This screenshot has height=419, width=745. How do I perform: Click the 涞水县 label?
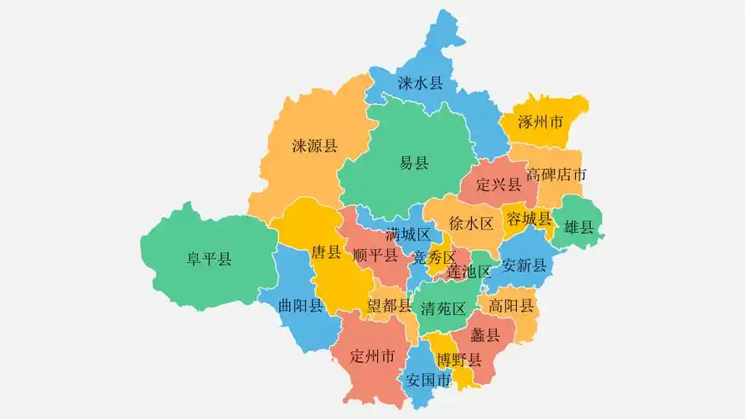(420, 83)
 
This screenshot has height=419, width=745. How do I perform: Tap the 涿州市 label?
(541, 122)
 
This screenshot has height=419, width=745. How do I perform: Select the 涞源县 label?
(314, 146)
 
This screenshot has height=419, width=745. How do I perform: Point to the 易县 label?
(414, 163)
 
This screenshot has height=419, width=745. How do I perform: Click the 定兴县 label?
(499, 184)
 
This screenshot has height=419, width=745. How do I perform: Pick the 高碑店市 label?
(556, 175)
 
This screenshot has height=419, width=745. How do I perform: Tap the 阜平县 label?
(209, 259)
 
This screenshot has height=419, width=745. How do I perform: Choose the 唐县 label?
(326, 251)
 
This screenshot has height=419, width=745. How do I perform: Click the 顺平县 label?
(375, 255)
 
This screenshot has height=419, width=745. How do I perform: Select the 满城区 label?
(408, 234)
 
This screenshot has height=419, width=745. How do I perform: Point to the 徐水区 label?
(471, 223)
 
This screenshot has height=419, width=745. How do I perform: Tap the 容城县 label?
(530, 219)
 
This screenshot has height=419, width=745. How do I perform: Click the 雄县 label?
(578, 226)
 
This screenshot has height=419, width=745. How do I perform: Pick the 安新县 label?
(524, 266)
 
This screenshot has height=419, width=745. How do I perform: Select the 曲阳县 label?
(300, 305)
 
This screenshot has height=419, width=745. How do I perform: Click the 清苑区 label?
(443, 308)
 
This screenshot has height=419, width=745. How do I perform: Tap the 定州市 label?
(372, 356)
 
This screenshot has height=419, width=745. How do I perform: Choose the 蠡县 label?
(485, 335)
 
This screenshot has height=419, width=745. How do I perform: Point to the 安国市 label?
(427, 379)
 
